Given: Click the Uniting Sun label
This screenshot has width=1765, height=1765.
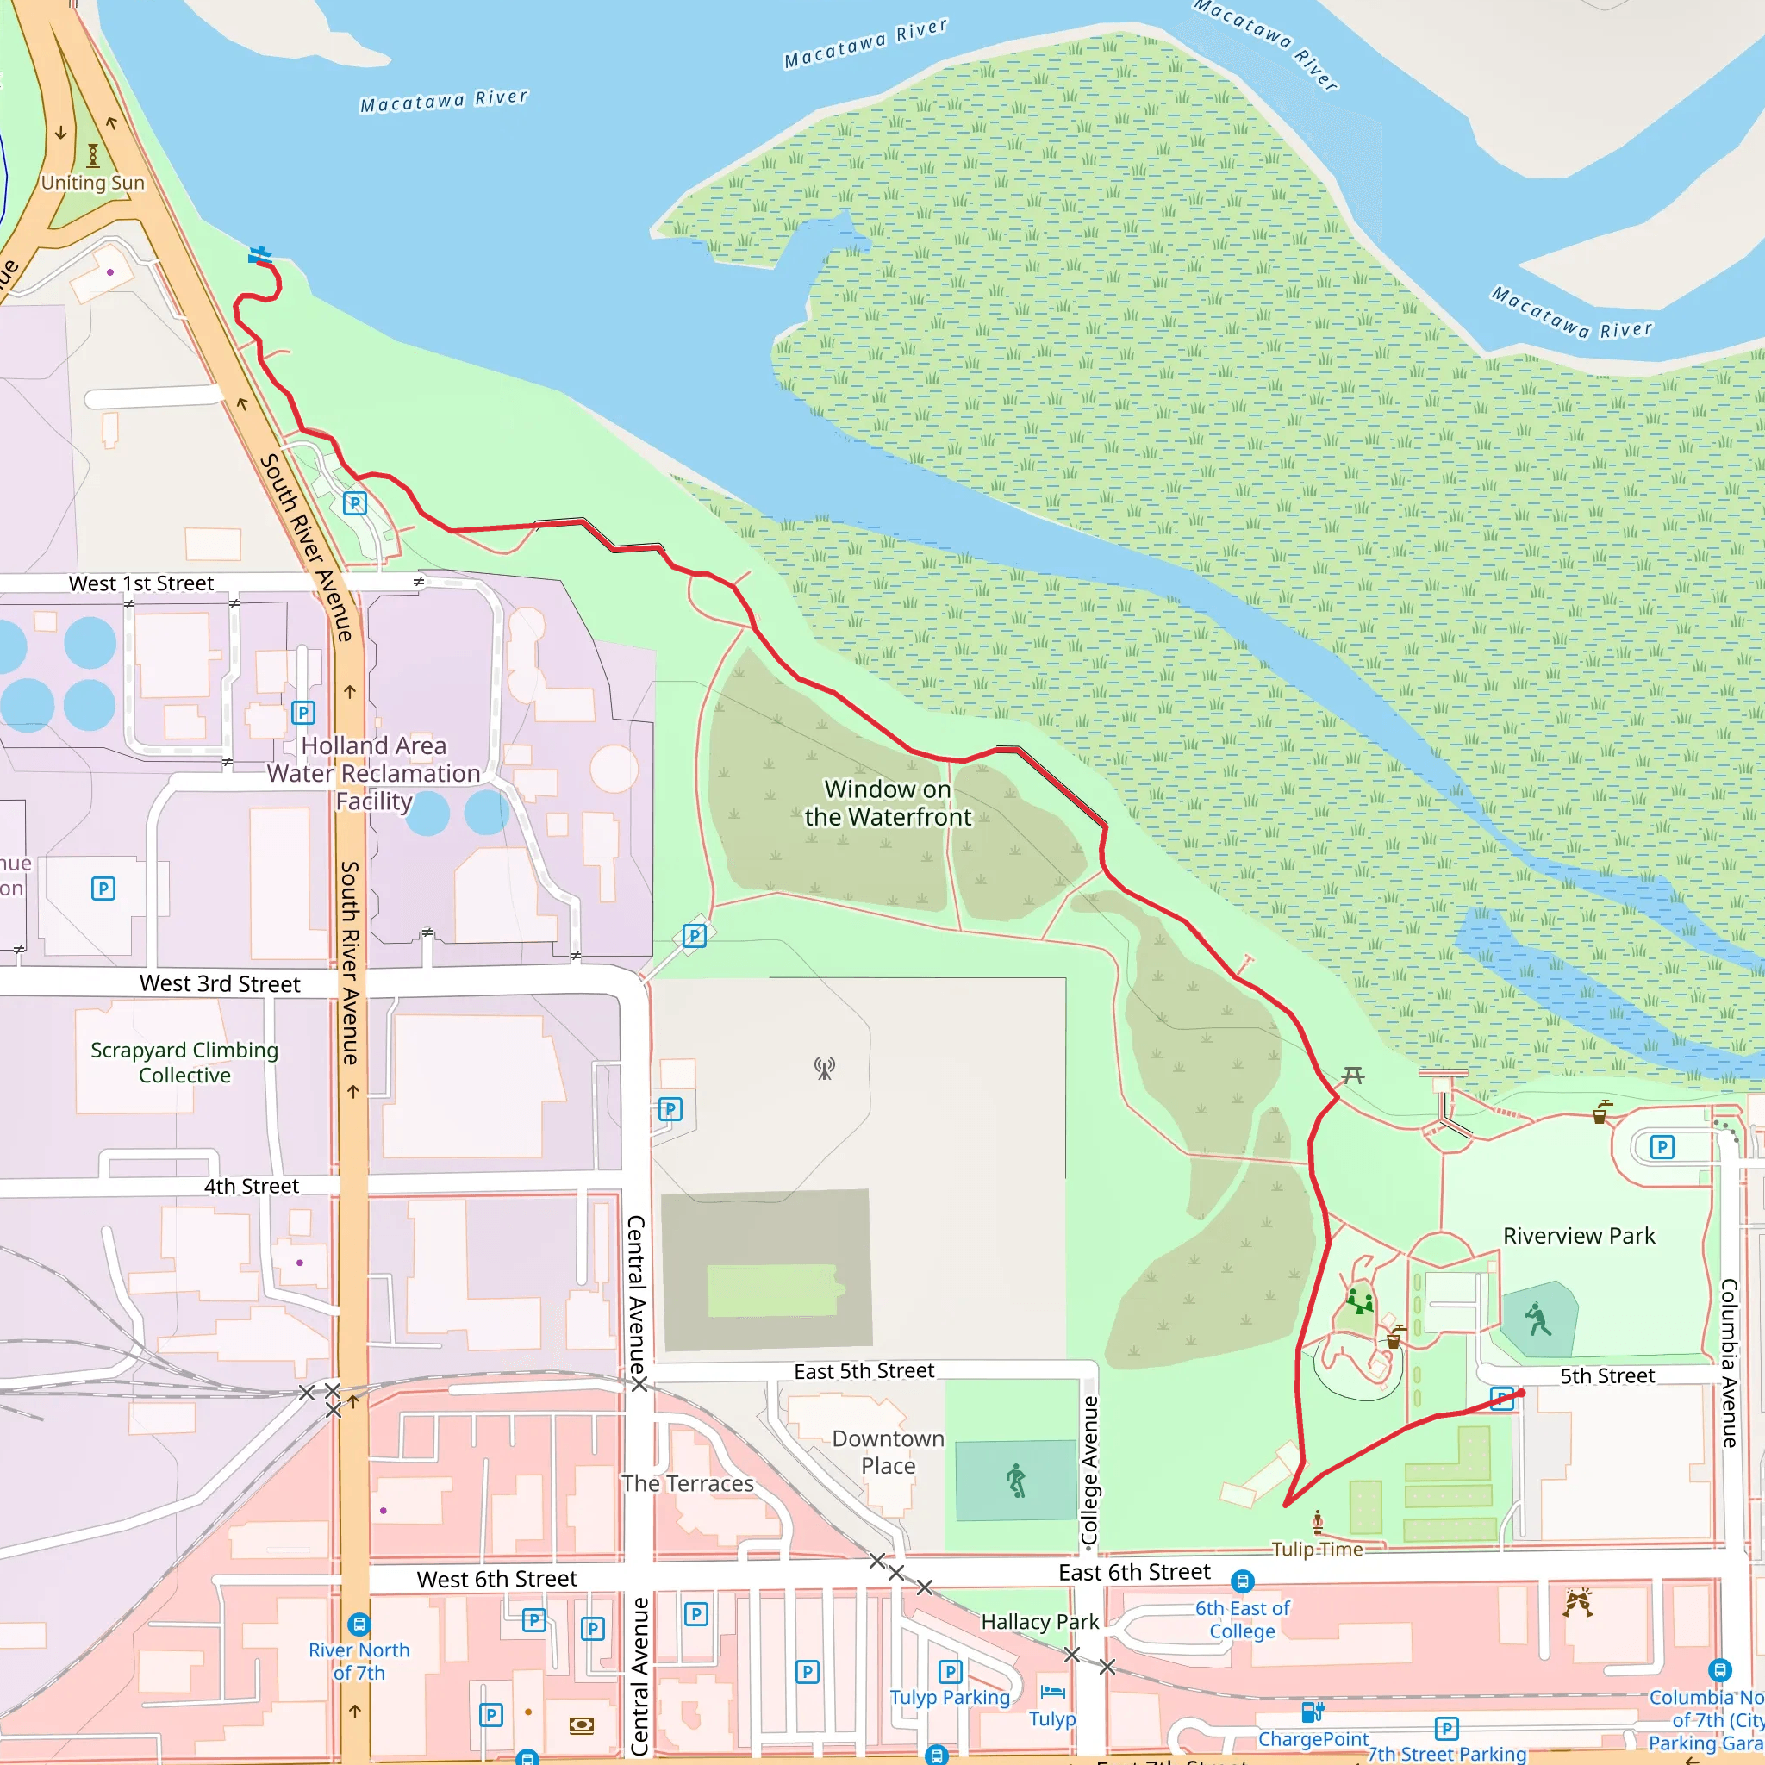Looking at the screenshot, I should [92, 183].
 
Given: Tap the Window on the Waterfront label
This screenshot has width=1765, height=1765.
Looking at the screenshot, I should [888, 803].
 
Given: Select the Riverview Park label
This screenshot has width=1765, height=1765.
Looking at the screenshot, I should [1579, 1236].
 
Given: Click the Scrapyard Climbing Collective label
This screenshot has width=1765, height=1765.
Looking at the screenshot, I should [184, 1063].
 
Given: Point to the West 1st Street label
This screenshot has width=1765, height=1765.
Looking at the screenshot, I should [140, 583].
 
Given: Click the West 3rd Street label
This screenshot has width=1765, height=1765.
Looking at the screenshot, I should [219, 984].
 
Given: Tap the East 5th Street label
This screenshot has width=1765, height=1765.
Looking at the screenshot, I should [864, 1371].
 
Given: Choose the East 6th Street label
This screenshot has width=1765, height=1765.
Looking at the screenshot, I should [1134, 1572].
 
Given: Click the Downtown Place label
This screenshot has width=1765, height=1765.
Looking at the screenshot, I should [888, 1451].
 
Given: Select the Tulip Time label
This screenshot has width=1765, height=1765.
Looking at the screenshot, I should [1317, 1550].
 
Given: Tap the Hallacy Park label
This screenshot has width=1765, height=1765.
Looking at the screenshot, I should [1039, 1622].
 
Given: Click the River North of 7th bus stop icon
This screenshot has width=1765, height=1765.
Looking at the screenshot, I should [359, 1625].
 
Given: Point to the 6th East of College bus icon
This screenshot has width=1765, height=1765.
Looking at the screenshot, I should [1243, 1581].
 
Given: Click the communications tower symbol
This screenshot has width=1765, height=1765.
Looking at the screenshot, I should [824, 1068].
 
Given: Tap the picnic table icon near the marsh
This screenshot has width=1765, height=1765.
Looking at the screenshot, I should [1353, 1076].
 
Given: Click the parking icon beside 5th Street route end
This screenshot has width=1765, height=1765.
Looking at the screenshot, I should [1502, 1399].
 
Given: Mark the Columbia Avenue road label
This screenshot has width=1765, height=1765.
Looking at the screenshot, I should [1729, 1363].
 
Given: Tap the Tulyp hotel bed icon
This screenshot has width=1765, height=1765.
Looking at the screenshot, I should [1052, 1692].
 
